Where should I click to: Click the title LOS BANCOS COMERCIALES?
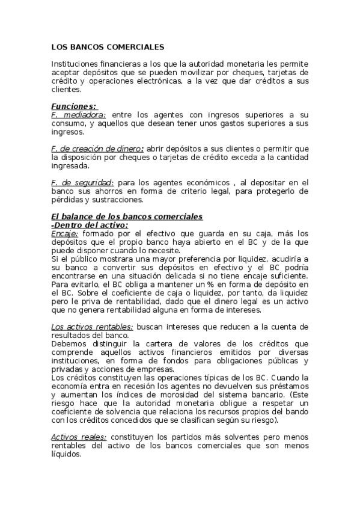coord(100,46)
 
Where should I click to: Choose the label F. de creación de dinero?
coord(97,149)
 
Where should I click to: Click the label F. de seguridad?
coord(82,182)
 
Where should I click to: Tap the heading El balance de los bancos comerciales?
coord(127,217)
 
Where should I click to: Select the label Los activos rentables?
coord(92,326)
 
